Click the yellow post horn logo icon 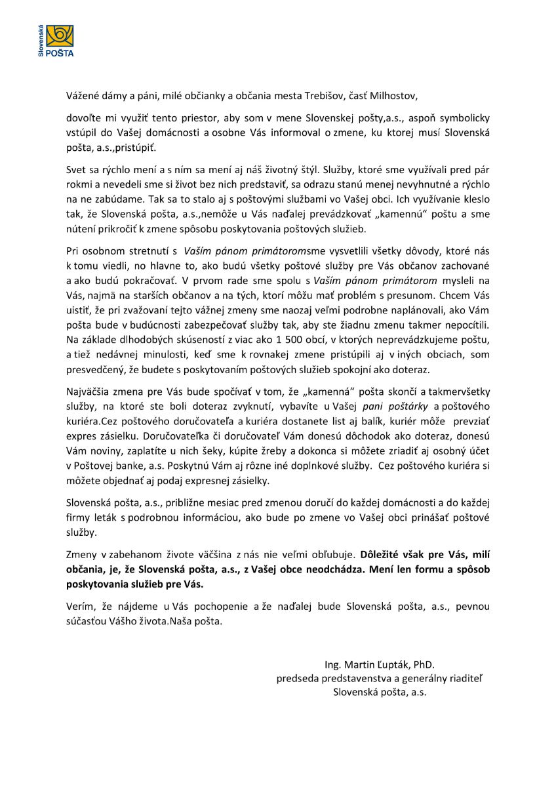[59, 35]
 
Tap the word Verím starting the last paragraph [79, 607]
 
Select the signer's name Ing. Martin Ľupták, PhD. [379, 664]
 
